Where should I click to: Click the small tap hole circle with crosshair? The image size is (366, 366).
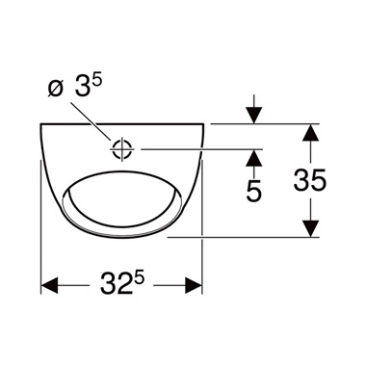click(120, 149)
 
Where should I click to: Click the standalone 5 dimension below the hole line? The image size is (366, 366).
click(254, 190)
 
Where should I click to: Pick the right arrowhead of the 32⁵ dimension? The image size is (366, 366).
click(193, 285)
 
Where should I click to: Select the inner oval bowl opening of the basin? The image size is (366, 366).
click(121, 197)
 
